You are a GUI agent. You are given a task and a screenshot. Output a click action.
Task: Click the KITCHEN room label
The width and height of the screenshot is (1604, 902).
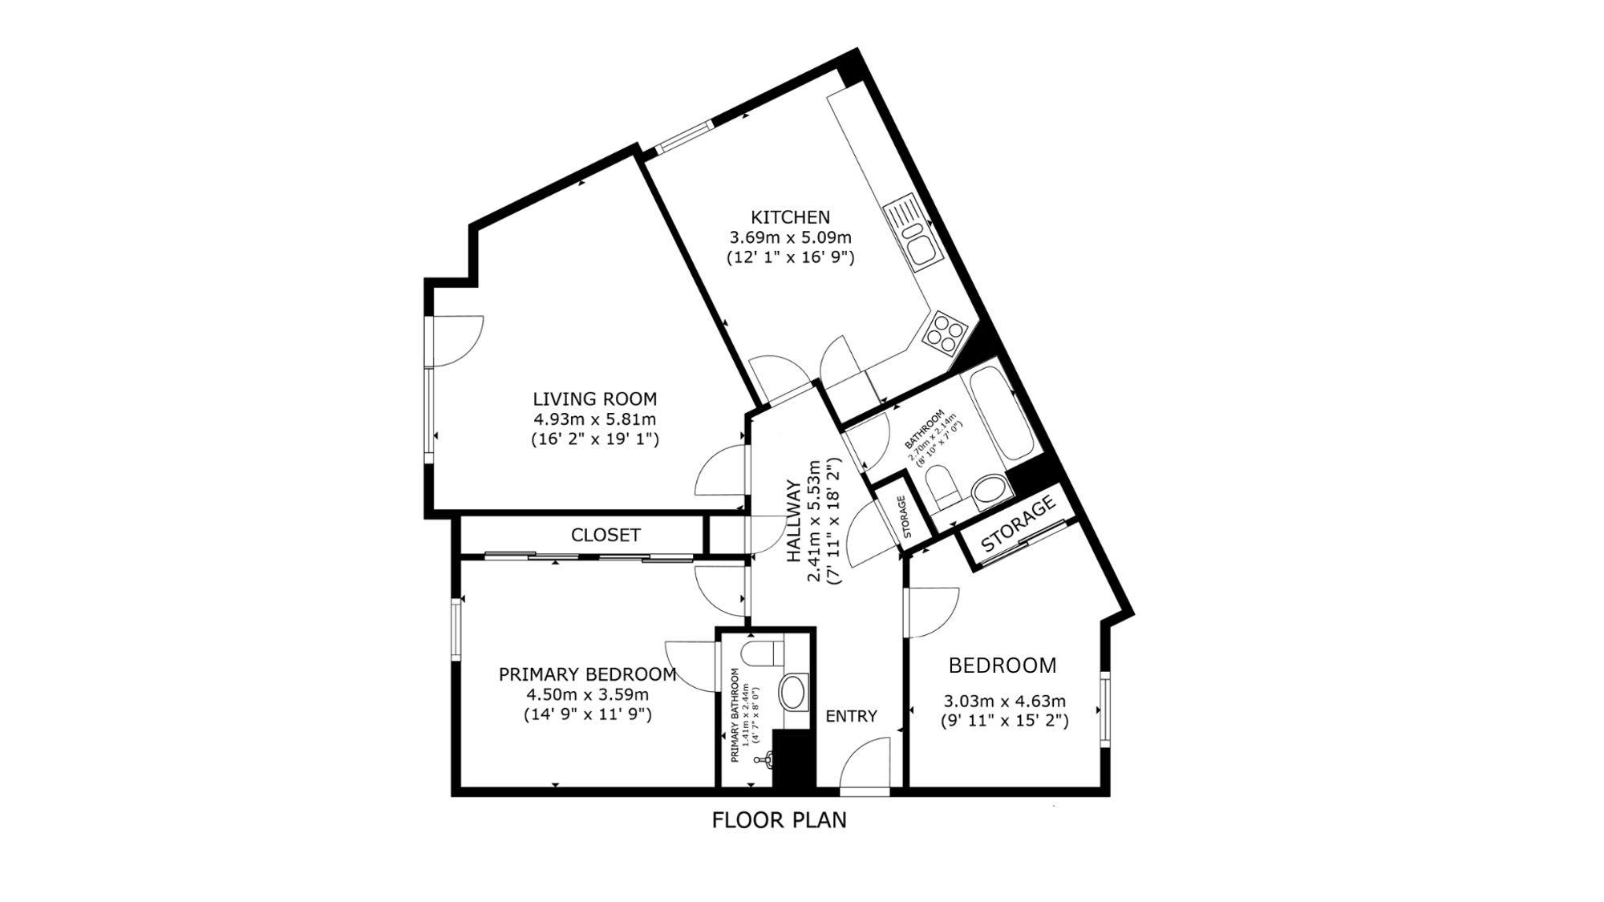click(790, 217)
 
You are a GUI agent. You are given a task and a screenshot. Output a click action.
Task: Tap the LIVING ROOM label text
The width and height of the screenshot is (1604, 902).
click(595, 398)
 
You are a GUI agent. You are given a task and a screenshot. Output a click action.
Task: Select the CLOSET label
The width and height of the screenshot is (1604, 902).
click(606, 535)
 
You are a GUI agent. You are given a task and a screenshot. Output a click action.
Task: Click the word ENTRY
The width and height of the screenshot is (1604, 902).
click(852, 716)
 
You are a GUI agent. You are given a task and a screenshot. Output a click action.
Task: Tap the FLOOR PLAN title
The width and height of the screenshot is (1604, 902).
click(780, 820)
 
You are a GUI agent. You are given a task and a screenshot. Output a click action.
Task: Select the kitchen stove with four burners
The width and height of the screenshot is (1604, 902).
click(944, 332)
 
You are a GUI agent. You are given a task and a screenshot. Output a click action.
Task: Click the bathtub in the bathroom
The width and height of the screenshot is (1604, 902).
click(1002, 415)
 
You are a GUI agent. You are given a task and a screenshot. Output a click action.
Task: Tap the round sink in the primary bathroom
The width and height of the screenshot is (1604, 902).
click(795, 692)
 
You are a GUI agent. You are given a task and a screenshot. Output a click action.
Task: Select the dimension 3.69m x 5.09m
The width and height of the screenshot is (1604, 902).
click(790, 237)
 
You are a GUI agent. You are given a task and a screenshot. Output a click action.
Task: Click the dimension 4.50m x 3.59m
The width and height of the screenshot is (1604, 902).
click(588, 694)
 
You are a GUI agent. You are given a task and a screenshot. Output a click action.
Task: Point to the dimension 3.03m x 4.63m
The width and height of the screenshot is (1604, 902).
click(1004, 701)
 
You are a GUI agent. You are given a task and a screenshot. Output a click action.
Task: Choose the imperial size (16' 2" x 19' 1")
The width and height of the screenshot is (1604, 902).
click(595, 439)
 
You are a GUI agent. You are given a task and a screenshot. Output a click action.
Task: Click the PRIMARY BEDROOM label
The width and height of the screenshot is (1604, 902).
click(588, 674)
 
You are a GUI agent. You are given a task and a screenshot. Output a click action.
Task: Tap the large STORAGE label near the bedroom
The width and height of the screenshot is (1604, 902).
click(1018, 524)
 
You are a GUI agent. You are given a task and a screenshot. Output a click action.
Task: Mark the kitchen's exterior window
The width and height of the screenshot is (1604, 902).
click(685, 136)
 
